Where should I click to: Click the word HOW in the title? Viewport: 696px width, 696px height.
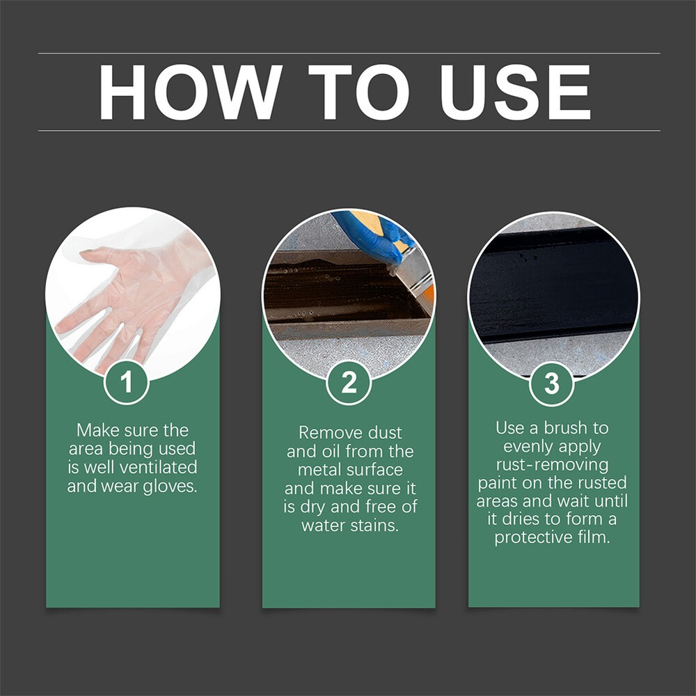tap(190, 93)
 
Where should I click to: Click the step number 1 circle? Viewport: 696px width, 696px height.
tap(127, 382)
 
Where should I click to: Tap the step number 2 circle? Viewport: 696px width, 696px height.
tap(349, 382)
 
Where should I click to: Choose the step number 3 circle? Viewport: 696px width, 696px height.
tap(551, 383)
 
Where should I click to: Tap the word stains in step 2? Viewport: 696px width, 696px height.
tap(376, 525)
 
